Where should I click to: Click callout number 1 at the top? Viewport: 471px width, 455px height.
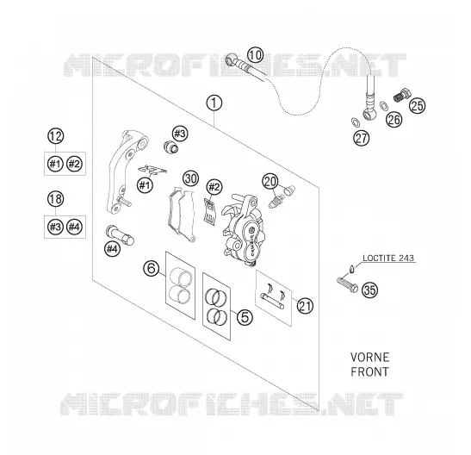(x=214, y=103)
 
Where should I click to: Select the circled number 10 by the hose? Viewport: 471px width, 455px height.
(x=256, y=55)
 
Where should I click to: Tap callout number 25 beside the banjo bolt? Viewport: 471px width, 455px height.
(x=418, y=105)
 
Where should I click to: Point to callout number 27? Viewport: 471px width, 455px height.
(x=362, y=138)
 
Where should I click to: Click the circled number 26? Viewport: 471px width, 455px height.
(x=394, y=119)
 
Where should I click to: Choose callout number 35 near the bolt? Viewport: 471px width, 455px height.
(x=369, y=290)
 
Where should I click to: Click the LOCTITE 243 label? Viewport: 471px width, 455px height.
(x=388, y=258)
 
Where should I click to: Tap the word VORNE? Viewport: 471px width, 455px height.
(x=369, y=358)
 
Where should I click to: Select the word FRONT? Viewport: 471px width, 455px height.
(x=369, y=371)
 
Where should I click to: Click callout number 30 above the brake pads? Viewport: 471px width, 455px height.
(x=191, y=178)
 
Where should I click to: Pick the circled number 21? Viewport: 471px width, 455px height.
(x=305, y=306)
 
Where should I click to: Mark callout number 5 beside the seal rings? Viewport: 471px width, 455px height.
(x=245, y=317)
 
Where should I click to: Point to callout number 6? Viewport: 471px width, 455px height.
(x=151, y=268)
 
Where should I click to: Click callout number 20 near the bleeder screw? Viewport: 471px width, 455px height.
(x=270, y=181)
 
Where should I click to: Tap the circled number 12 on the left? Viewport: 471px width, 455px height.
(x=56, y=136)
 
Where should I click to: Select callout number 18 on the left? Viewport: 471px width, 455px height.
(x=56, y=199)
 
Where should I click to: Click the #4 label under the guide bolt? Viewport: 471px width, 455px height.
(x=112, y=249)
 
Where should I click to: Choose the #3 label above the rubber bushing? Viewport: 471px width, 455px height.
(x=180, y=134)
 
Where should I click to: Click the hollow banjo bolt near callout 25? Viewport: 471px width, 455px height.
(x=401, y=95)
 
